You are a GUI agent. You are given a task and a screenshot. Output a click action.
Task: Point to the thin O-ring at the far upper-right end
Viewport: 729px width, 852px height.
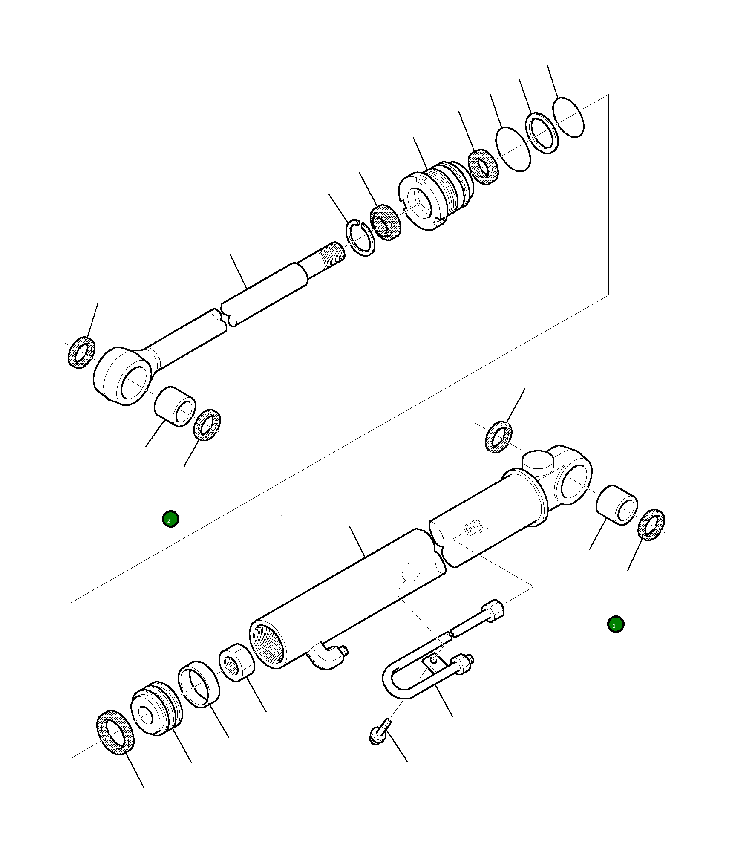tap(568, 117)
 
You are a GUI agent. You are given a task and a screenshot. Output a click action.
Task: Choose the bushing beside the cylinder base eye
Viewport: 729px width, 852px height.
tap(617, 505)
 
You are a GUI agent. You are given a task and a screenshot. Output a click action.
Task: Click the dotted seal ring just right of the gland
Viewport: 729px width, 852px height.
tap(484, 167)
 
